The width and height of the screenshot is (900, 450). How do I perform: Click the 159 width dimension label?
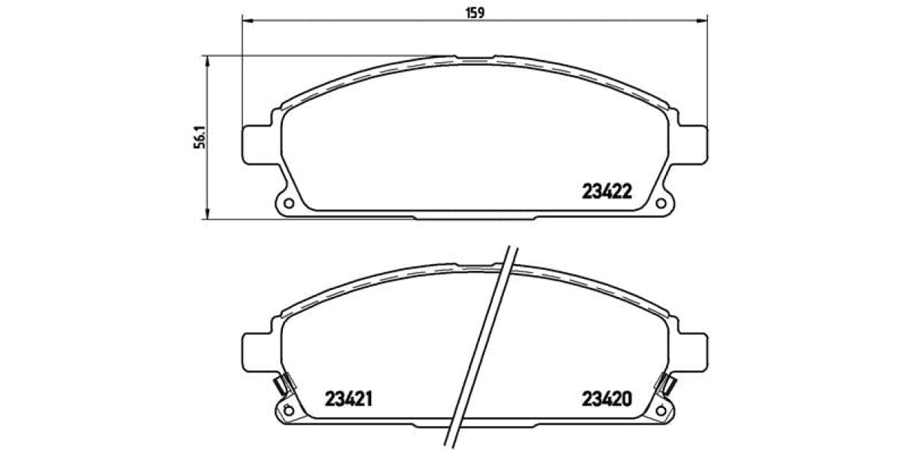pos(475,12)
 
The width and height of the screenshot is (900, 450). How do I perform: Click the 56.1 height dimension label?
pos(199,137)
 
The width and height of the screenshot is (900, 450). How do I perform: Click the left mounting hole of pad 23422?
pos(287,202)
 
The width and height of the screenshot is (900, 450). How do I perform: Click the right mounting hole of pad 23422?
pos(661,202)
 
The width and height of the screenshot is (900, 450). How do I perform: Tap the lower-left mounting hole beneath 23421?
pos(286,409)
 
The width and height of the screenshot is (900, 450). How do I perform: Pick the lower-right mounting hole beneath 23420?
pos(661,409)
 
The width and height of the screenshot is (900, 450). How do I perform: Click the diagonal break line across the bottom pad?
pos(482,345)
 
